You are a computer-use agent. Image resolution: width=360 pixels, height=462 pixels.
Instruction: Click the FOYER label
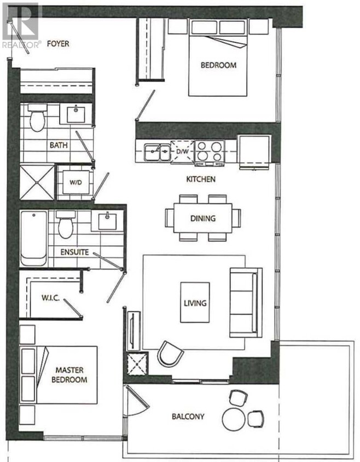(x=58, y=44)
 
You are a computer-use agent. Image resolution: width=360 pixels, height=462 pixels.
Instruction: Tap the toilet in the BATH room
(x=37, y=117)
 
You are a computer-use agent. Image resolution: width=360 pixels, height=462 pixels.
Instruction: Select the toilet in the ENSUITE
(x=66, y=224)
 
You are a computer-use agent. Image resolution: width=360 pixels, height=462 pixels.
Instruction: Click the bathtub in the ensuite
(x=33, y=238)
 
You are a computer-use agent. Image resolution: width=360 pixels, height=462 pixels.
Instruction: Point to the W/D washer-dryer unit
(x=76, y=182)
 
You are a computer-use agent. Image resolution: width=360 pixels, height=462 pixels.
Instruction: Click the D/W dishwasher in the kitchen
(x=182, y=151)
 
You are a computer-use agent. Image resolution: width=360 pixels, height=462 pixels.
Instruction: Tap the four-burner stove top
(x=210, y=151)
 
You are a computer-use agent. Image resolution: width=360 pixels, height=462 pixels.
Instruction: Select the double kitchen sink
(x=156, y=152)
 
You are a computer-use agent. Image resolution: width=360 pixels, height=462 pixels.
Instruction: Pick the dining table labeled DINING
(x=202, y=218)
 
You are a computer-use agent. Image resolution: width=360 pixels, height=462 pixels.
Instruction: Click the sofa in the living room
(x=246, y=303)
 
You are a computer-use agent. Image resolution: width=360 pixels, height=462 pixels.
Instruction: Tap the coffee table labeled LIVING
(x=195, y=303)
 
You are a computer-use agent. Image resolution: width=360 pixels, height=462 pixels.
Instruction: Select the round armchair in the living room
(x=170, y=354)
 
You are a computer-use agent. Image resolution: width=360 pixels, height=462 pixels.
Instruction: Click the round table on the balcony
(x=234, y=419)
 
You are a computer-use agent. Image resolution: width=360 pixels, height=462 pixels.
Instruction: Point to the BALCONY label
(x=188, y=417)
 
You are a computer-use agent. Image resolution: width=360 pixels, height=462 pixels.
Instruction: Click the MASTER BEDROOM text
(x=69, y=374)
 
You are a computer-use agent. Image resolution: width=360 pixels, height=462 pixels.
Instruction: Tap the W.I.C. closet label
(x=50, y=298)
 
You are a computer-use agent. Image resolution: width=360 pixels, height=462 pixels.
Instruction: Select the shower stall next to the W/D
(x=37, y=182)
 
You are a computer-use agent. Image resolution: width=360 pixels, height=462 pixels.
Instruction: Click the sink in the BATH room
(x=76, y=114)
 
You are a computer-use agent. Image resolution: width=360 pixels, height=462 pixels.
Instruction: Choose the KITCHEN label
(x=201, y=179)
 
